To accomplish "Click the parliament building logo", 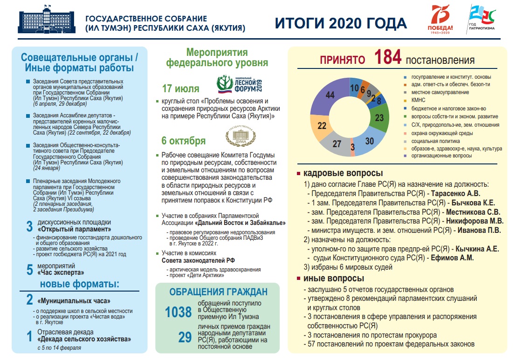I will tap(46, 21).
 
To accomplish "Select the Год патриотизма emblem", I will tap(482, 20).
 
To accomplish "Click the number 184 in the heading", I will tap(388, 58).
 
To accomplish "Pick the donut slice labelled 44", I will tap(330, 95).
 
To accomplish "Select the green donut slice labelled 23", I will tap(379, 118).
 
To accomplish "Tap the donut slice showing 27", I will tap(337, 144).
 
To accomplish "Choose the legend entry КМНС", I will tap(418, 100).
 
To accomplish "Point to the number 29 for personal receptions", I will tap(185, 337).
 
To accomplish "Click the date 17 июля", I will tap(180, 89).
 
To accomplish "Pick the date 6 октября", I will tap(183, 141).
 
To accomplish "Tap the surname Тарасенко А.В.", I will tap(455, 193).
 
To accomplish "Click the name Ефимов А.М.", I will tap(452, 258).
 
